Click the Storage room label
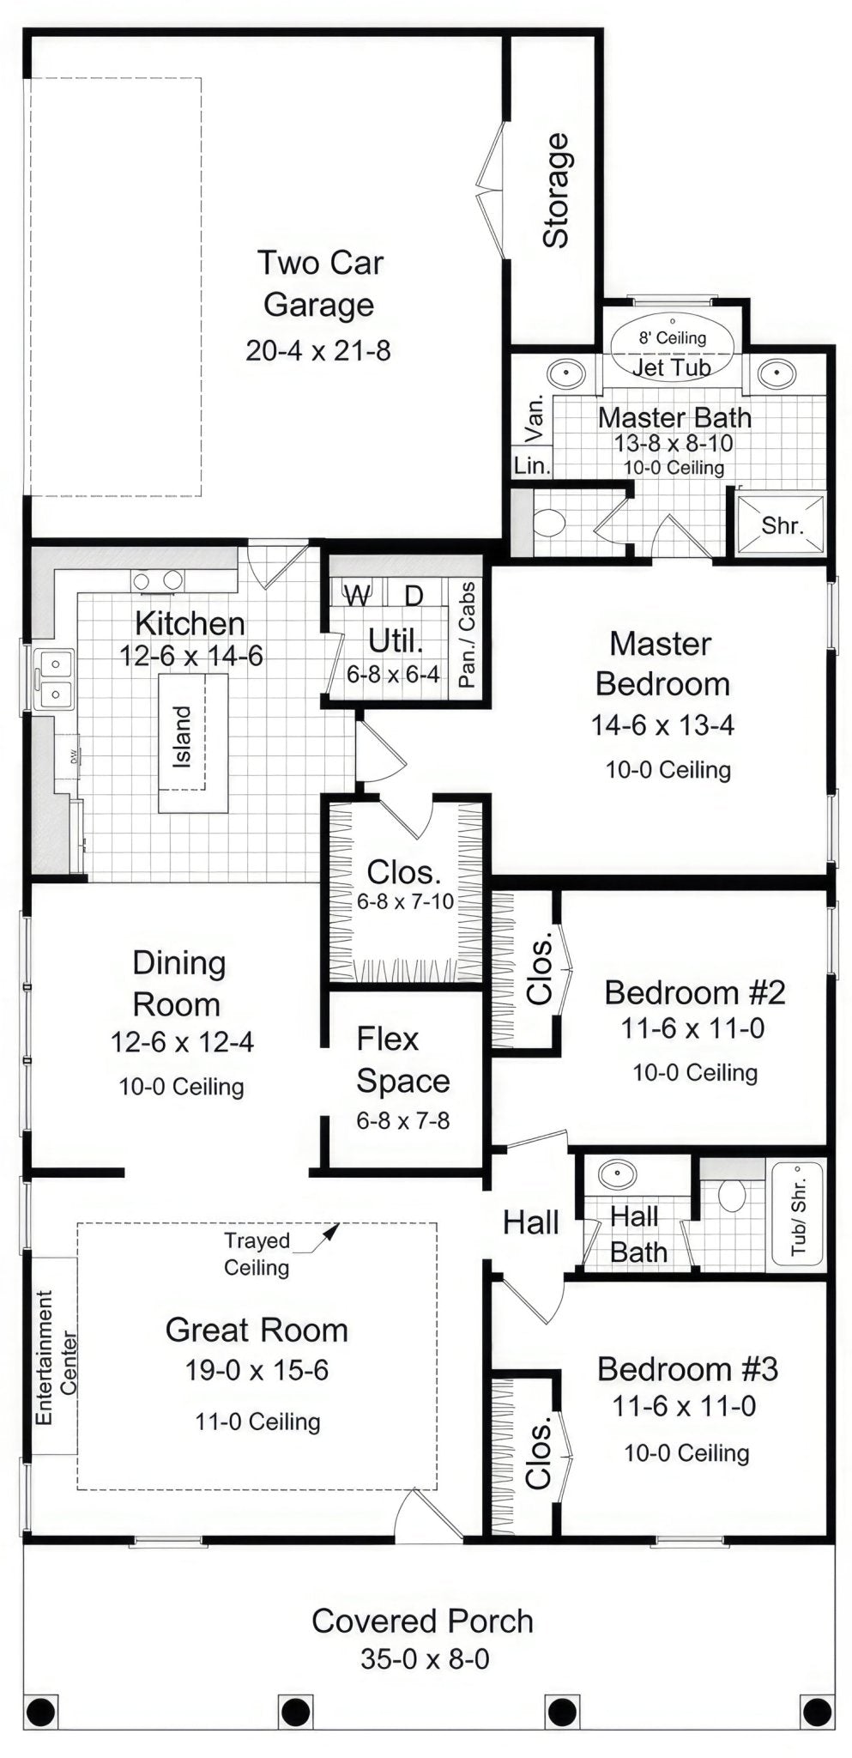click(556, 191)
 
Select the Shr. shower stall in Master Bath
click(781, 524)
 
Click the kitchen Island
click(193, 743)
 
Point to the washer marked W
click(358, 594)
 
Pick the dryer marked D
click(414, 595)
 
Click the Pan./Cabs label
click(466, 635)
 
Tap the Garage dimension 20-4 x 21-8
click(318, 350)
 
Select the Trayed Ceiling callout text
click(257, 1253)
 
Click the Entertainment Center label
click(57, 1357)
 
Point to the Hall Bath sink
click(617, 1173)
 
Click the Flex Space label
click(402, 1060)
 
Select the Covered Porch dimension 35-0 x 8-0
click(425, 1659)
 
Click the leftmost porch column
click(40, 1711)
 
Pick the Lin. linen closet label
click(531, 465)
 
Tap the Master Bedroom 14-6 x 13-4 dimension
click(662, 725)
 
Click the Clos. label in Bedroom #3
click(538, 1453)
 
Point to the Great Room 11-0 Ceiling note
click(257, 1422)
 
